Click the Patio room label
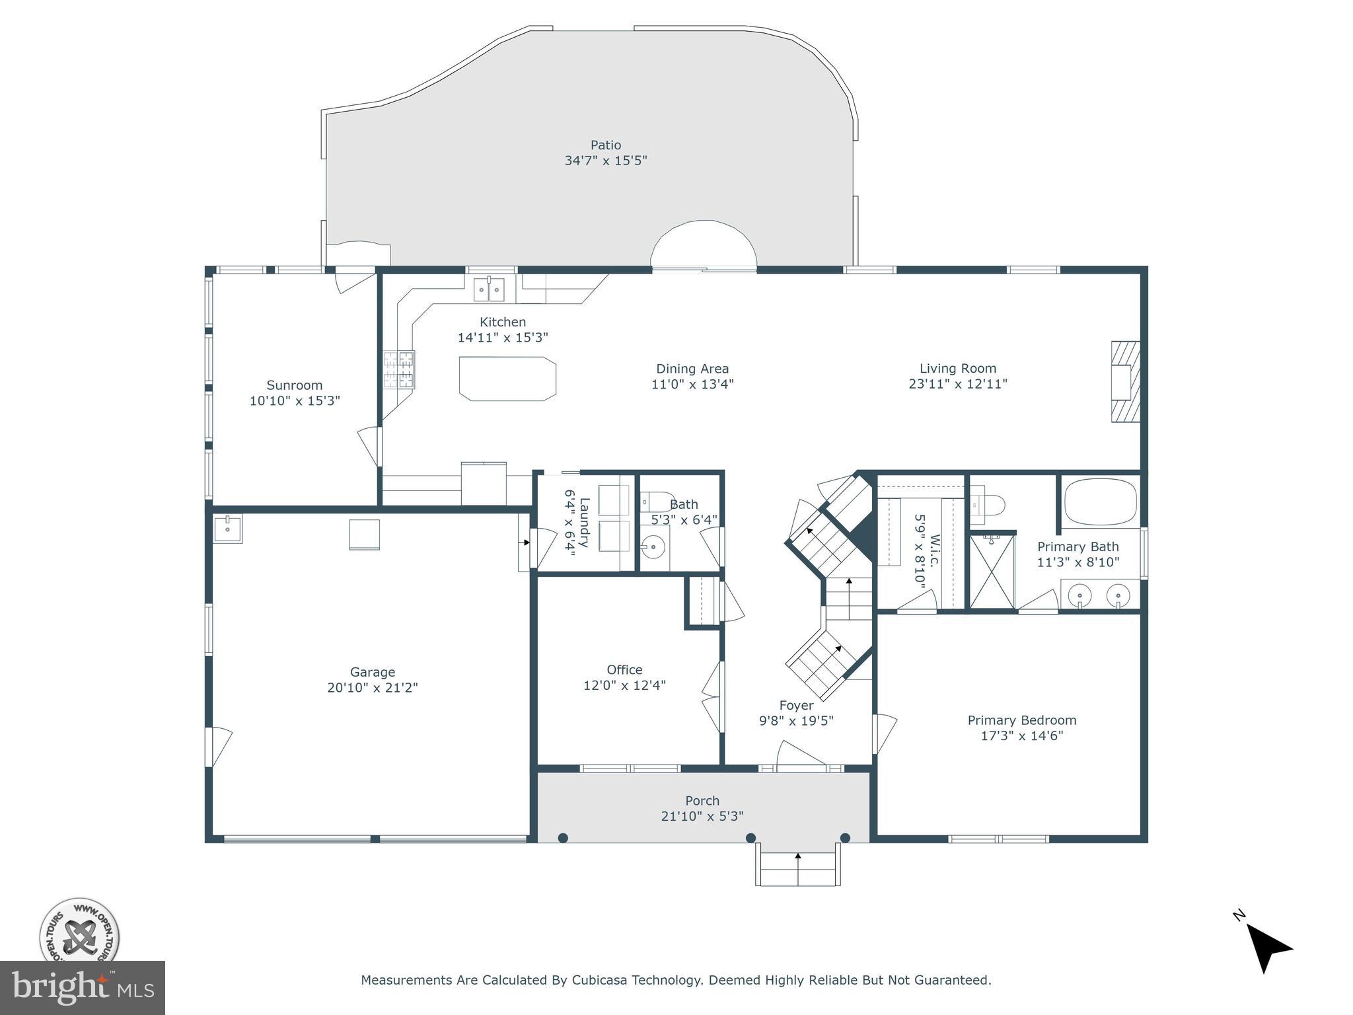pos(605,145)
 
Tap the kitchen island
pos(507,379)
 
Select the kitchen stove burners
pos(399,369)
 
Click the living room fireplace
pos(1126,381)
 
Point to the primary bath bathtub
pos(1101,502)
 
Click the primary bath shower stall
pos(992,570)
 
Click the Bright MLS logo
pos(82,987)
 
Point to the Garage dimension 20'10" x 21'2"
pos(373,687)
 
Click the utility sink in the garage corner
pos(228,529)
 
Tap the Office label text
pos(624,669)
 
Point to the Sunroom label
pos(294,385)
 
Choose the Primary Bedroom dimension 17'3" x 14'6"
pos(1021,735)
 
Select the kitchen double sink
pos(489,289)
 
